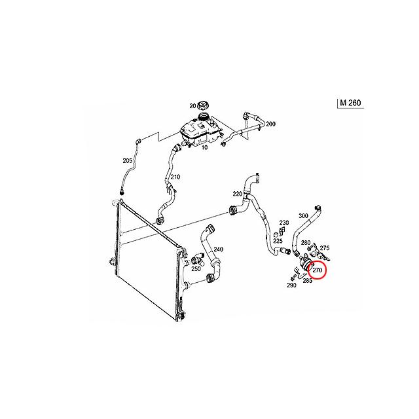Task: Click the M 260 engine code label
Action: [350, 103]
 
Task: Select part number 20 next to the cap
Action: [192, 106]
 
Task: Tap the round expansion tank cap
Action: [203, 105]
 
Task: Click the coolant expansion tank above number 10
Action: [201, 132]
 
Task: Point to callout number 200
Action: [270, 124]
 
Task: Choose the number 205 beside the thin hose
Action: [128, 161]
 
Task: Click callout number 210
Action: [175, 177]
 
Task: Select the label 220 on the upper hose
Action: [238, 194]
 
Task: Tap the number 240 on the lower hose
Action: [218, 249]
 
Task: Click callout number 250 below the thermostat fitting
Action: [196, 268]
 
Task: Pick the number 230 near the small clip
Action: [284, 223]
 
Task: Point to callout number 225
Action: [278, 241]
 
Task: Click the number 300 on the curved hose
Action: [303, 215]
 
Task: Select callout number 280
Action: [306, 243]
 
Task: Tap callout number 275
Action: [325, 248]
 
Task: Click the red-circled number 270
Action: [317, 270]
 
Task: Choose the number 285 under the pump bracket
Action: [308, 281]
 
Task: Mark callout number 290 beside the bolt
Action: [291, 285]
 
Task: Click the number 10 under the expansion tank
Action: [204, 147]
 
